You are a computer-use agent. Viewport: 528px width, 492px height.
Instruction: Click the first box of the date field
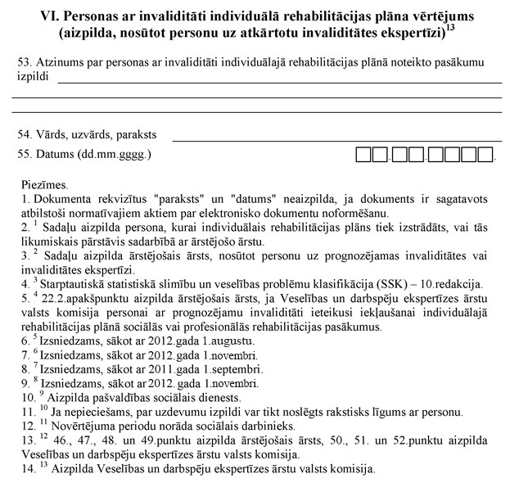pyautogui.click(x=363, y=154)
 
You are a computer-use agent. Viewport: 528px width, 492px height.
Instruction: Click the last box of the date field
pyautogui.click(x=485, y=154)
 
